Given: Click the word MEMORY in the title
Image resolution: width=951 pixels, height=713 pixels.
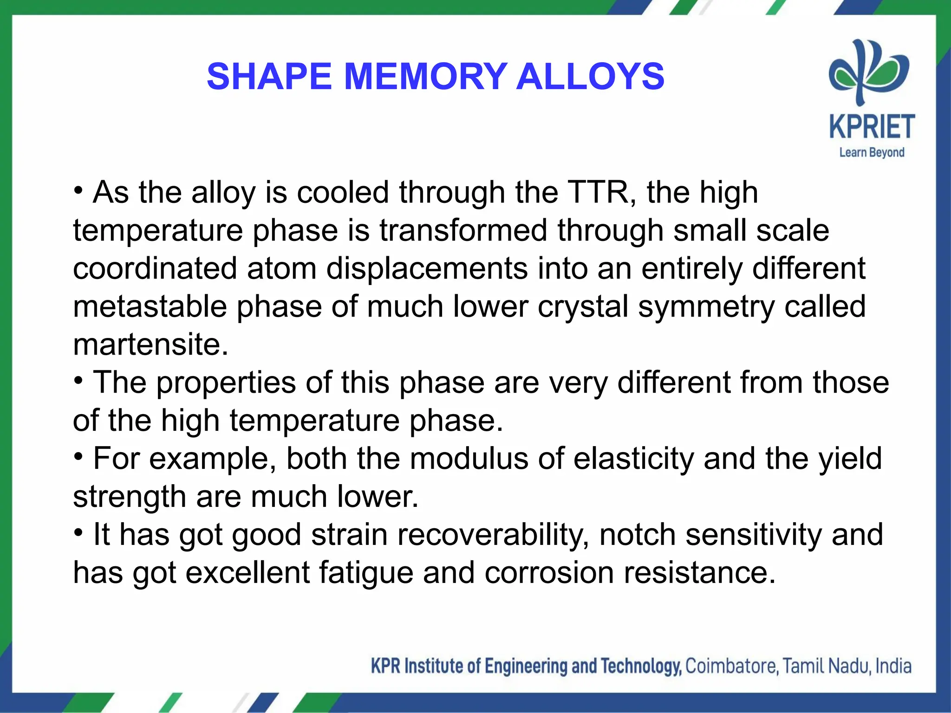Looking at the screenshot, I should coord(425,77).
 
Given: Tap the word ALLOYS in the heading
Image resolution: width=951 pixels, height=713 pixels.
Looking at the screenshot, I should coord(590,77).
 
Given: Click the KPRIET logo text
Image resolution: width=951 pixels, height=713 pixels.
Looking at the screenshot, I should coord(872,127).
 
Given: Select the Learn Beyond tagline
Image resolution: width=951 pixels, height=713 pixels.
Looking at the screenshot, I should coord(872,152).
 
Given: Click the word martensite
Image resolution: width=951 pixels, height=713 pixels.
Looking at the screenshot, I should coord(150,344).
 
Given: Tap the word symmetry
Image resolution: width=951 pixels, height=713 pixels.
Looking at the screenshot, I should coord(706,307).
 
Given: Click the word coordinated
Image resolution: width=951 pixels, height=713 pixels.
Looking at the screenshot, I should coord(155,268).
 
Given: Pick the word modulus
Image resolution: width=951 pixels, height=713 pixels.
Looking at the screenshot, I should coord(469,459).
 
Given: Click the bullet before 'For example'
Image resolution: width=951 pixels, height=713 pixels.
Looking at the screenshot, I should coord(79,457).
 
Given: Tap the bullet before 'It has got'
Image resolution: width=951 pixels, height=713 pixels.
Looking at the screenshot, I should coord(79,532).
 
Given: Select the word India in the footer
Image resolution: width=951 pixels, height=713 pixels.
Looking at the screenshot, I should coord(893,666).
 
